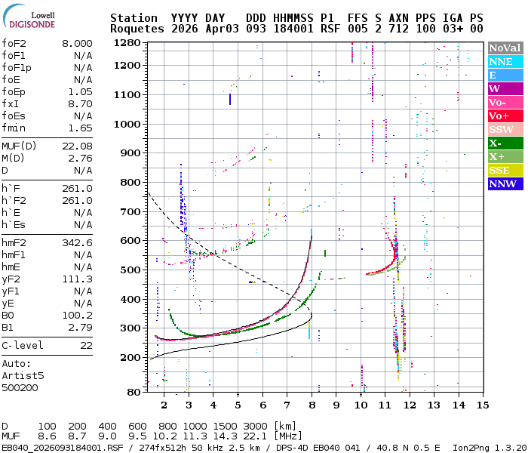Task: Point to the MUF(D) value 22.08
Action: click(77, 146)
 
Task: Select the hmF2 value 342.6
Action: click(77, 242)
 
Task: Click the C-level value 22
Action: click(86, 345)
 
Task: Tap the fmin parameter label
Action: click(14, 128)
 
